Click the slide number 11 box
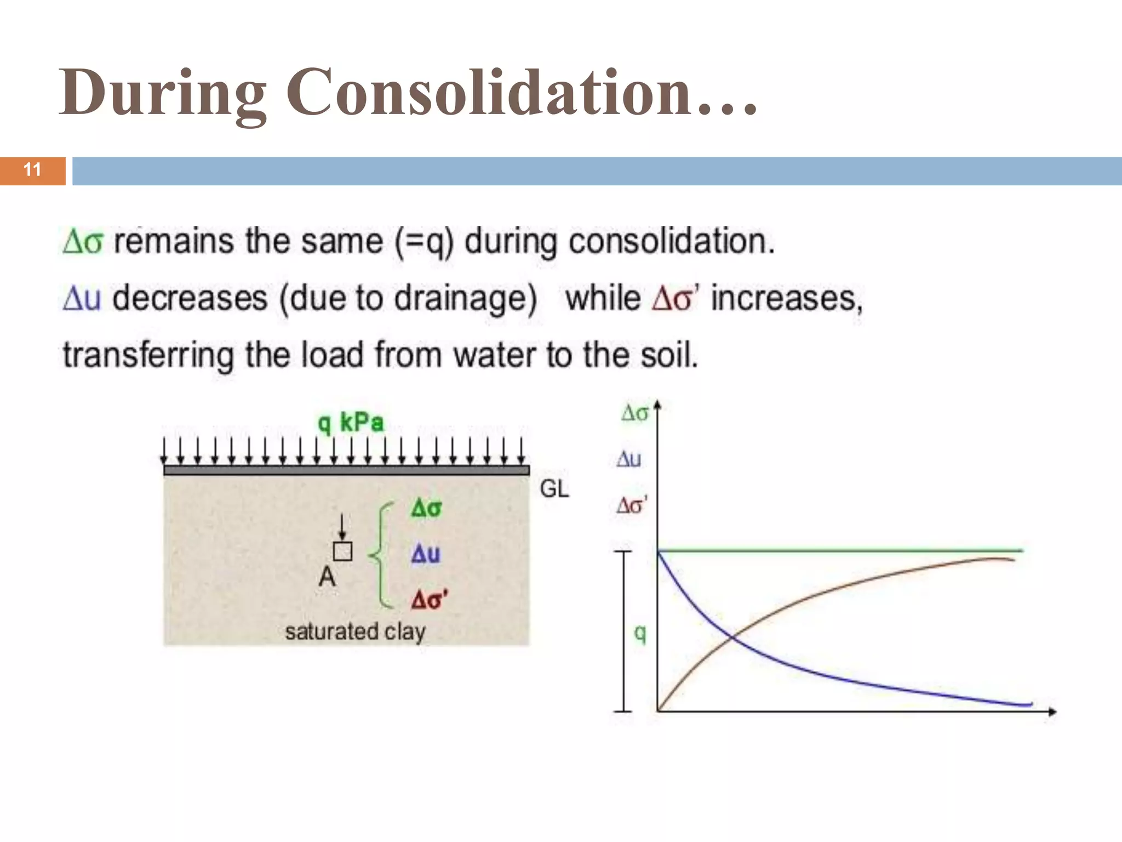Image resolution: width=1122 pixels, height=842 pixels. coord(32,170)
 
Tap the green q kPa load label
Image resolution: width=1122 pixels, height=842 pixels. coord(351,423)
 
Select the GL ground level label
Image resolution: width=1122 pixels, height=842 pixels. coord(554,488)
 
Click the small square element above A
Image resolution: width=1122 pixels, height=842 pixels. coord(342,551)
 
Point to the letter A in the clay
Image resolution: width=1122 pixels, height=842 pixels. coord(327,577)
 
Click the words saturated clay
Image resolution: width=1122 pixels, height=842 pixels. coord(355,631)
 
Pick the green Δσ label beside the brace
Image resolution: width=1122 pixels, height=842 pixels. coord(426,508)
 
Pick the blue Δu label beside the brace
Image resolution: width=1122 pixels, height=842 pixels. coord(426,554)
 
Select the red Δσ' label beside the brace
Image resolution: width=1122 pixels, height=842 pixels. coord(429,600)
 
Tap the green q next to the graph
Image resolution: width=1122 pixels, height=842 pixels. coord(640,634)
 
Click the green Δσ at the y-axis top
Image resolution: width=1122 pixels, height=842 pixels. coord(634,413)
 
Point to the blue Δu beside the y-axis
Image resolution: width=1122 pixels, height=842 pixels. coord(629,459)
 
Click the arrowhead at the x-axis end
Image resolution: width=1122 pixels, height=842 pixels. coord(1052,712)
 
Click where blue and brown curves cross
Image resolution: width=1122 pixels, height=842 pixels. coord(733,636)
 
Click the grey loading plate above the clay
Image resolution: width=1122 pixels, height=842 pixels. coord(346,470)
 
